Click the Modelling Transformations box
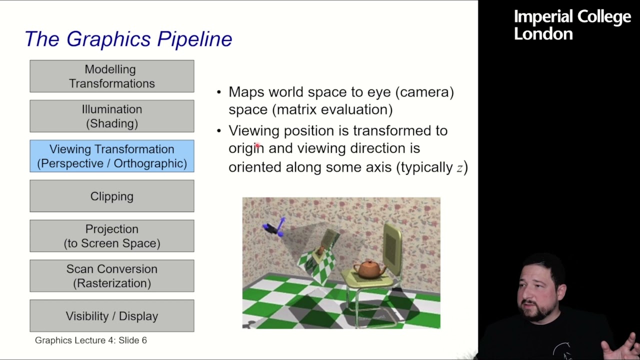click(111, 76)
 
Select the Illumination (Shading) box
click(111, 116)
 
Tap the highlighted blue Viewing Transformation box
click(111, 156)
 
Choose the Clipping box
click(111, 196)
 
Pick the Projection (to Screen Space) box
click(111, 236)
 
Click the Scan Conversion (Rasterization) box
click(111, 276)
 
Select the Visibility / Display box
click(111, 316)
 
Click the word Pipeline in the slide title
click(194, 39)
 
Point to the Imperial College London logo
click(572, 25)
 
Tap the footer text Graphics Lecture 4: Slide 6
click(90, 340)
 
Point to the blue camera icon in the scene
click(274, 227)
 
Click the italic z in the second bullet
click(459, 168)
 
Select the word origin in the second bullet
click(246, 148)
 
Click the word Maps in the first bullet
click(246, 92)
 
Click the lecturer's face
click(537, 292)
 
